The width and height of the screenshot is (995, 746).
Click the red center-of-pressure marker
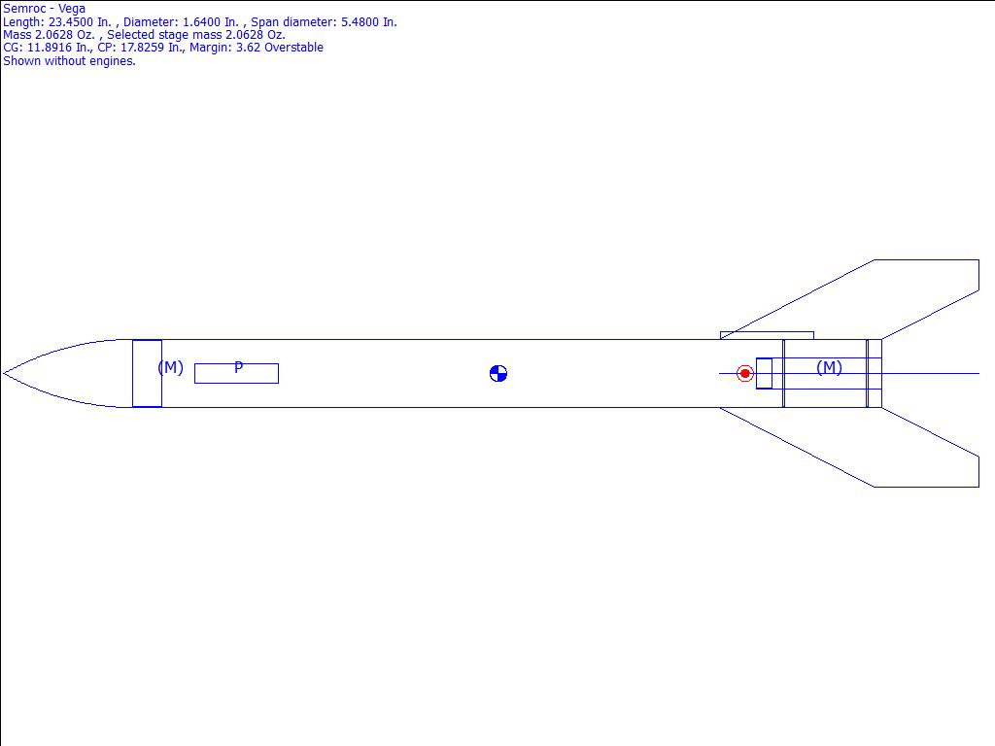tap(745, 374)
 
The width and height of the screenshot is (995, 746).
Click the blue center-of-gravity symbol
tap(498, 374)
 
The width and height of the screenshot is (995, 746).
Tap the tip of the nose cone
tap(3, 374)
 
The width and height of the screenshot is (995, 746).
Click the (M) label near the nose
tap(170, 367)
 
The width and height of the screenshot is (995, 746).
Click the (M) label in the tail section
tap(829, 367)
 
